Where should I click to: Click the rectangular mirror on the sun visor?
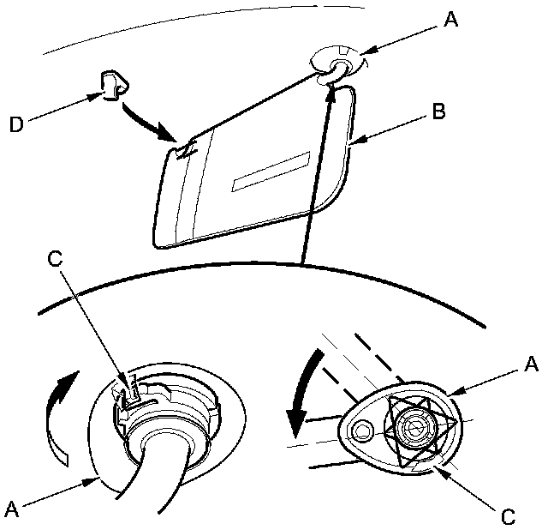[271, 171]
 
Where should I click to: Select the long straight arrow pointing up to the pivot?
[315, 172]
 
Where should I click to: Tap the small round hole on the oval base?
[362, 430]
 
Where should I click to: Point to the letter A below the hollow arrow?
[12, 509]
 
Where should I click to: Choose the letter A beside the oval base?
[531, 364]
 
